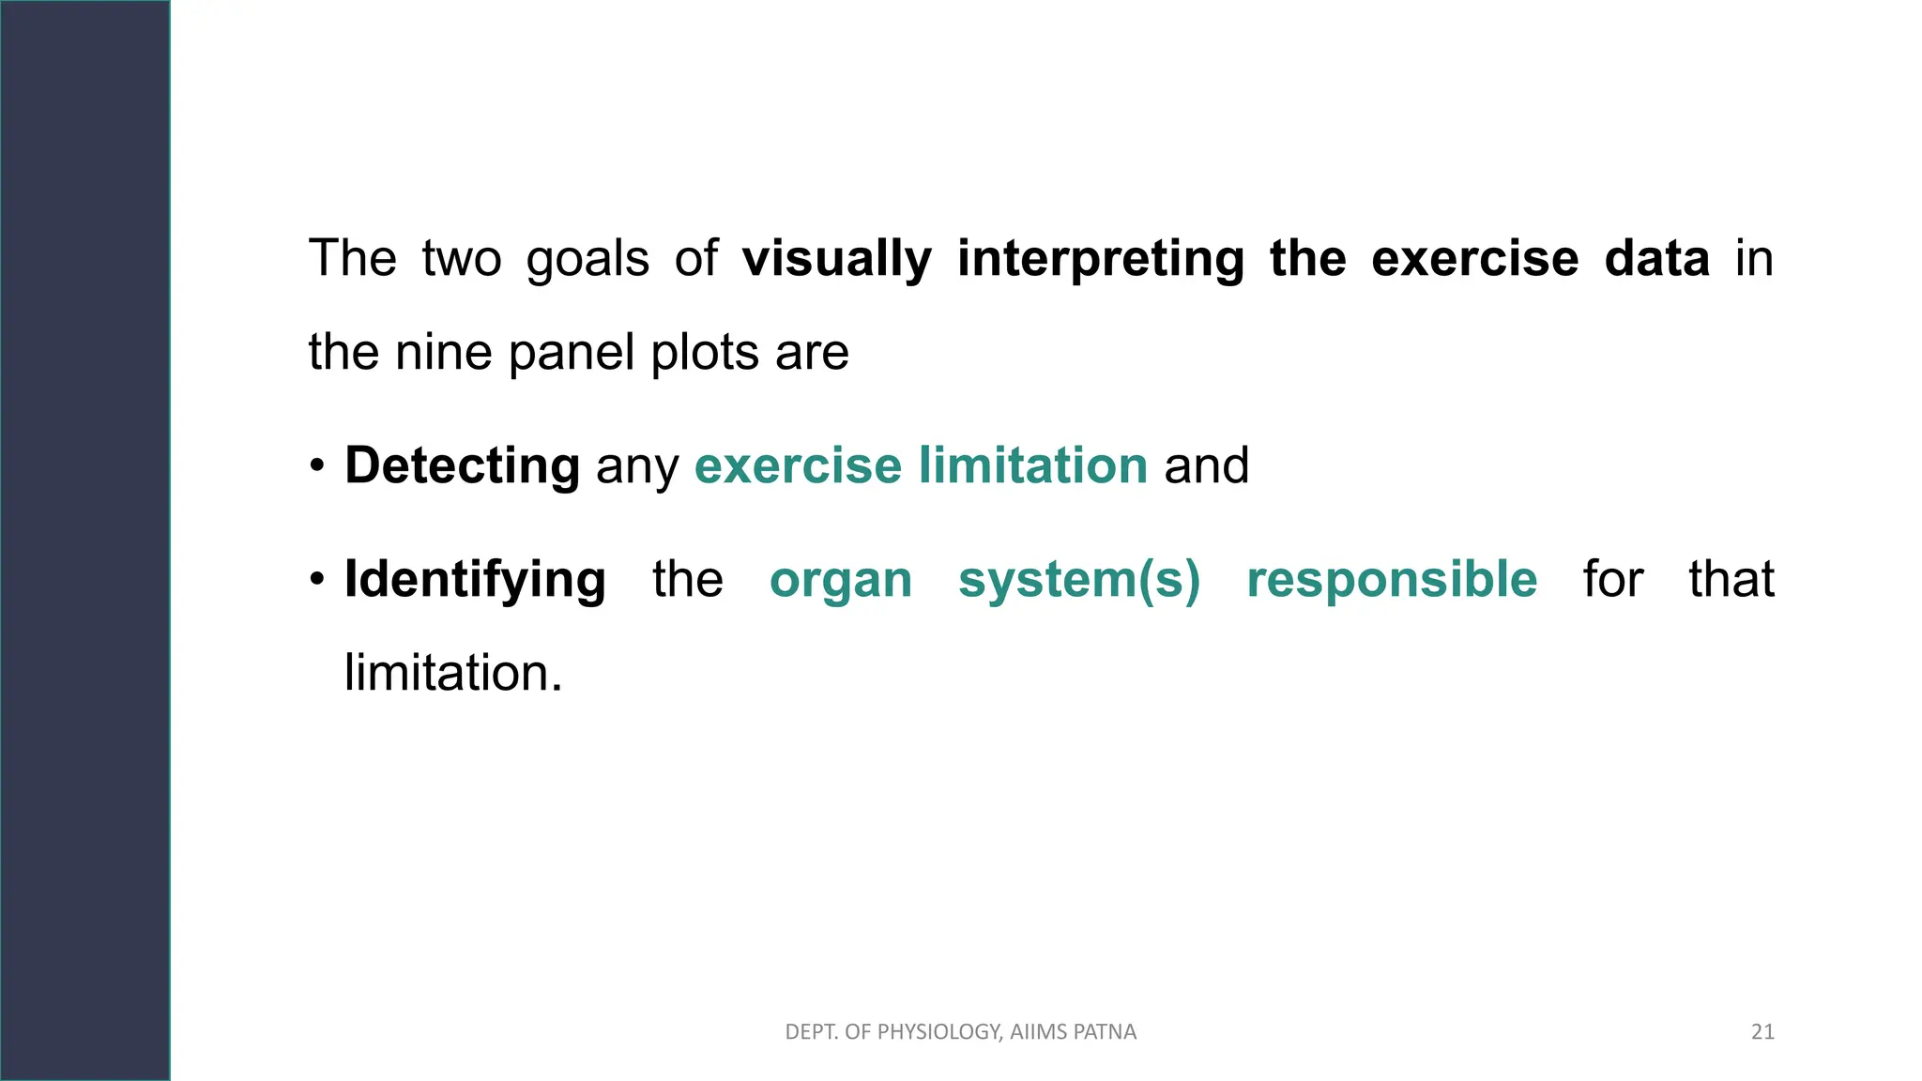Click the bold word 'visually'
click(x=836, y=259)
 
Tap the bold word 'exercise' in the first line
click(x=1474, y=259)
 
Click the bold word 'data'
click(x=1656, y=259)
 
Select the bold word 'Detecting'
click(x=462, y=465)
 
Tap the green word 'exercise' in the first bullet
click(x=798, y=465)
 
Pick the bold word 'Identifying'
click(x=475, y=579)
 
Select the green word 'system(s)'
click(x=1079, y=580)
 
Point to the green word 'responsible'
click(x=1392, y=579)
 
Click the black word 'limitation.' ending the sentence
click(x=453, y=673)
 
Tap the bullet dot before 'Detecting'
click(x=318, y=466)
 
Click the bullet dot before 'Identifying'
click(x=318, y=579)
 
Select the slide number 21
click(x=1762, y=1032)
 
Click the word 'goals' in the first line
click(x=587, y=260)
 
